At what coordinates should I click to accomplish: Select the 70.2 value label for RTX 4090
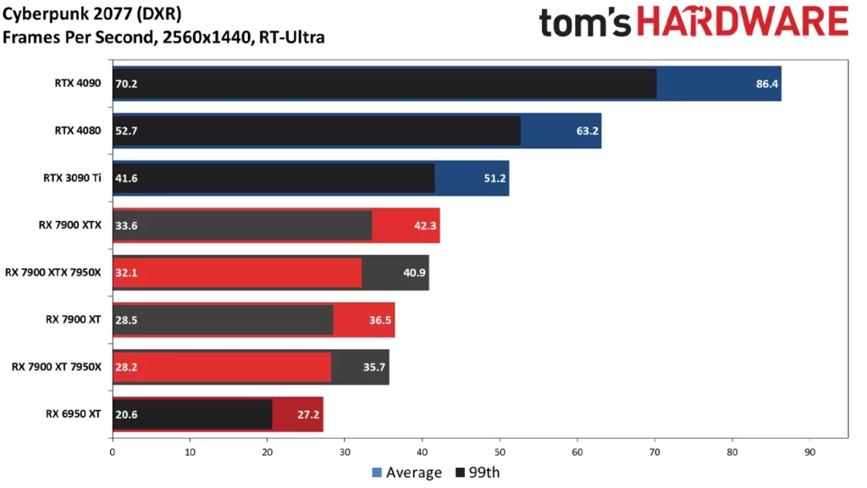coord(126,84)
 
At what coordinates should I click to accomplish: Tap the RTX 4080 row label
coord(77,130)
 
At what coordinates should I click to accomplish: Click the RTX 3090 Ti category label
coord(70,178)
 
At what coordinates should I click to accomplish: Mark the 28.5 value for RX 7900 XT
coord(126,320)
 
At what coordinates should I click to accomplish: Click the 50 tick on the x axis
coord(500,452)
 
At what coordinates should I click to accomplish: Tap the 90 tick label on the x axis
coord(809,452)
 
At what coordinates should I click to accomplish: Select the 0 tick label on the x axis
coord(113,452)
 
